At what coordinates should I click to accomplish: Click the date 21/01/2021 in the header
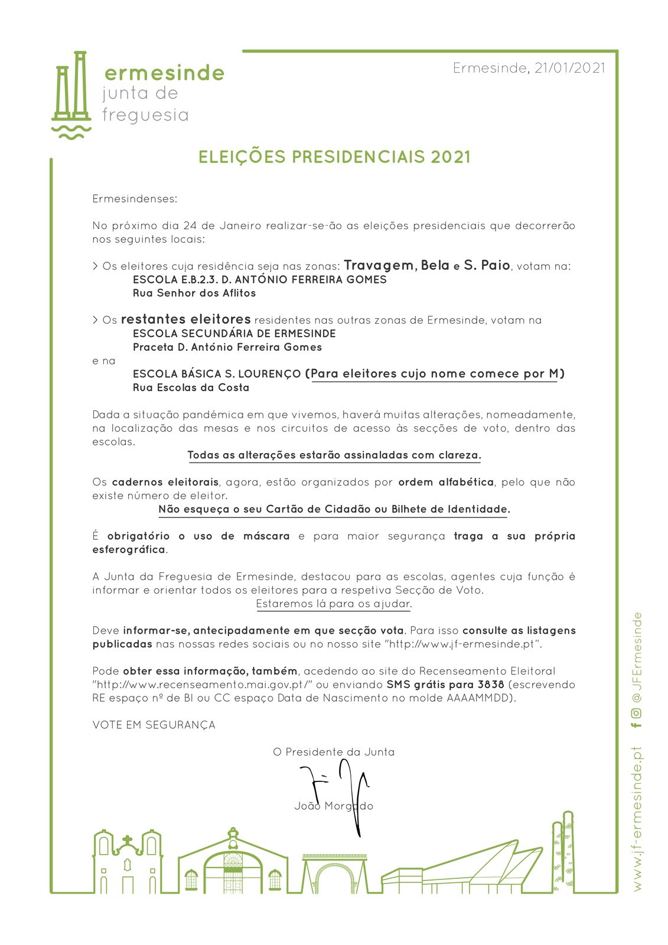click(x=569, y=68)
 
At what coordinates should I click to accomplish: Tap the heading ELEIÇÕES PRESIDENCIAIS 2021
click(x=334, y=157)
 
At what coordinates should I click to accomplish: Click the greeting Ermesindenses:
click(x=135, y=199)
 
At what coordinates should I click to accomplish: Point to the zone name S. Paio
click(x=487, y=266)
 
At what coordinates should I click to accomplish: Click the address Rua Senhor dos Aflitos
click(x=194, y=293)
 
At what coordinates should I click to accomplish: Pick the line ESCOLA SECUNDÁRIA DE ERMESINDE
click(x=234, y=334)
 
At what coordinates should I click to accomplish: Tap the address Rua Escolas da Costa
click(x=191, y=388)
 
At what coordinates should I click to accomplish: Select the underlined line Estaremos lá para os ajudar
click(x=334, y=604)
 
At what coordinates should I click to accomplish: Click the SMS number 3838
click(x=491, y=685)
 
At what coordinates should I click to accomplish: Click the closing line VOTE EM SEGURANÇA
click(x=154, y=725)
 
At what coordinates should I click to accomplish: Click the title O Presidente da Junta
click(x=334, y=752)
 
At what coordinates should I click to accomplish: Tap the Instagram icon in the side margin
click(x=636, y=713)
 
